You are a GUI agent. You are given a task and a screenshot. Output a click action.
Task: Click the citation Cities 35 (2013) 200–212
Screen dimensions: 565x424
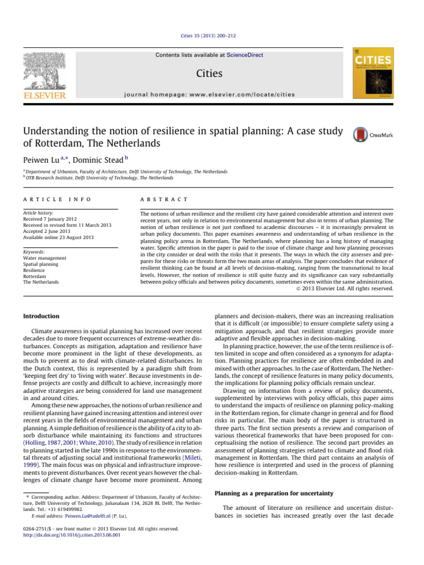[211, 36]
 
